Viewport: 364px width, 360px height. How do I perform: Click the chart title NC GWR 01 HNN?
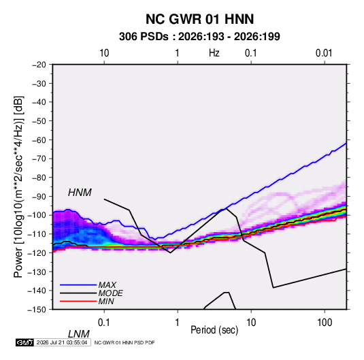pyautogui.click(x=199, y=19)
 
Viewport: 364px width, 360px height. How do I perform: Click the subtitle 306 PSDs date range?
pyautogui.click(x=199, y=37)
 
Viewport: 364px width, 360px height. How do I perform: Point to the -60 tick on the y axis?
pyautogui.click(x=39, y=140)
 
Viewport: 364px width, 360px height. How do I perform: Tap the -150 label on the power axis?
pyautogui.click(x=37, y=310)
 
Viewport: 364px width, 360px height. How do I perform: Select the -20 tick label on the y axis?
pyautogui.click(x=39, y=65)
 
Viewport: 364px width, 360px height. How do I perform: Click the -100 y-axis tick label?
pyautogui.click(x=37, y=215)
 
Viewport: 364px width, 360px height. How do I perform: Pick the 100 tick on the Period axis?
pyautogui.click(x=325, y=323)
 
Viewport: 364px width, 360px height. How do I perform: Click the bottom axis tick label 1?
pyautogui.click(x=178, y=323)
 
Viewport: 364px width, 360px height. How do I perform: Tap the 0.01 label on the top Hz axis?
pyautogui.click(x=324, y=53)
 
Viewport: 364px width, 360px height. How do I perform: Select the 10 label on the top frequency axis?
pyautogui.click(x=104, y=53)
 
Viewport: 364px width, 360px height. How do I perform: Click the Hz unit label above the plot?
pyautogui.click(x=214, y=53)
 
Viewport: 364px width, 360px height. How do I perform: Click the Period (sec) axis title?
pyautogui.click(x=214, y=330)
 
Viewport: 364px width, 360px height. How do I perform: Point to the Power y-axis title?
pyautogui.click(x=18, y=186)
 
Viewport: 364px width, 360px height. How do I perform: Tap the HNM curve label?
pyautogui.click(x=80, y=193)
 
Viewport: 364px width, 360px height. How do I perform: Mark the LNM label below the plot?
pyautogui.click(x=79, y=334)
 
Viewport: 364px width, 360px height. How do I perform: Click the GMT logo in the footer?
pyautogui.click(x=25, y=342)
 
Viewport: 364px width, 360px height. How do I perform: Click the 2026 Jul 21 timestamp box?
pyautogui.click(x=62, y=342)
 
